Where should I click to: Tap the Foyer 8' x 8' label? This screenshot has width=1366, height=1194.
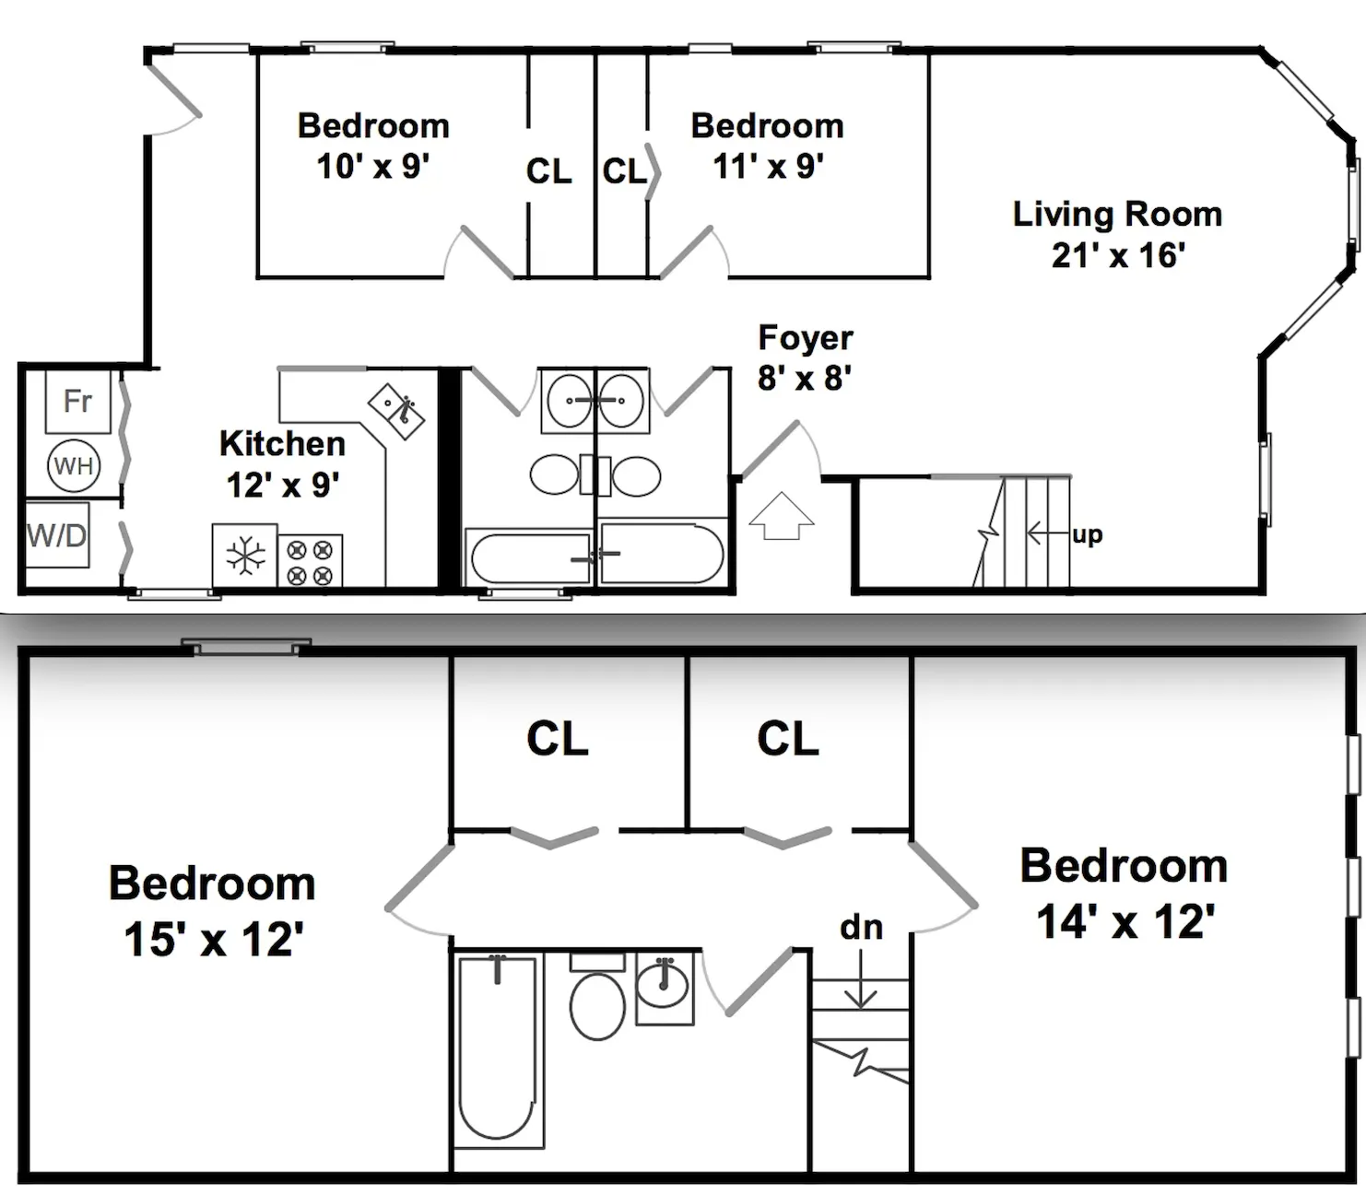[x=805, y=357]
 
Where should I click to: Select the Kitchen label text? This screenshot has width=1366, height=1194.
[x=282, y=444]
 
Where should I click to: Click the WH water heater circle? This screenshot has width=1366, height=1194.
[x=74, y=465]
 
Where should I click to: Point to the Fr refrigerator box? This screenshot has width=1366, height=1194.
[x=78, y=401]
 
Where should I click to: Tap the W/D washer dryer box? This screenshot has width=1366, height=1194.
[x=57, y=534]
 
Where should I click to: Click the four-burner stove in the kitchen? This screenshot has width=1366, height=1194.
[x=310, y=562]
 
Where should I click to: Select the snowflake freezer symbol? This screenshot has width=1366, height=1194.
[x=245, y=556]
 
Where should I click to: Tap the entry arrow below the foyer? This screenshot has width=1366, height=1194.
[x=781, y=516]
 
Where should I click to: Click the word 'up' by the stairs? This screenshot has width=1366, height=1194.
[x=1087, y=534]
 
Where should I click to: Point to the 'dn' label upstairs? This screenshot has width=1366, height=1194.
[x=861, y=927]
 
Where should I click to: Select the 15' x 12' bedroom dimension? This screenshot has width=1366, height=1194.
[x=213, y=940]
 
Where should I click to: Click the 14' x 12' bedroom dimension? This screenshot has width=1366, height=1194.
[x=1125, y=921]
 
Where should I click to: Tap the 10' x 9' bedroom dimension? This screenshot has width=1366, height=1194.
[x=372, y=167]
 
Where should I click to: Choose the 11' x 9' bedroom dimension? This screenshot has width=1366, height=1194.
[x=768, y=167]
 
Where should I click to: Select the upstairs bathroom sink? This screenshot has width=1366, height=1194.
[x=665, y=986]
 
